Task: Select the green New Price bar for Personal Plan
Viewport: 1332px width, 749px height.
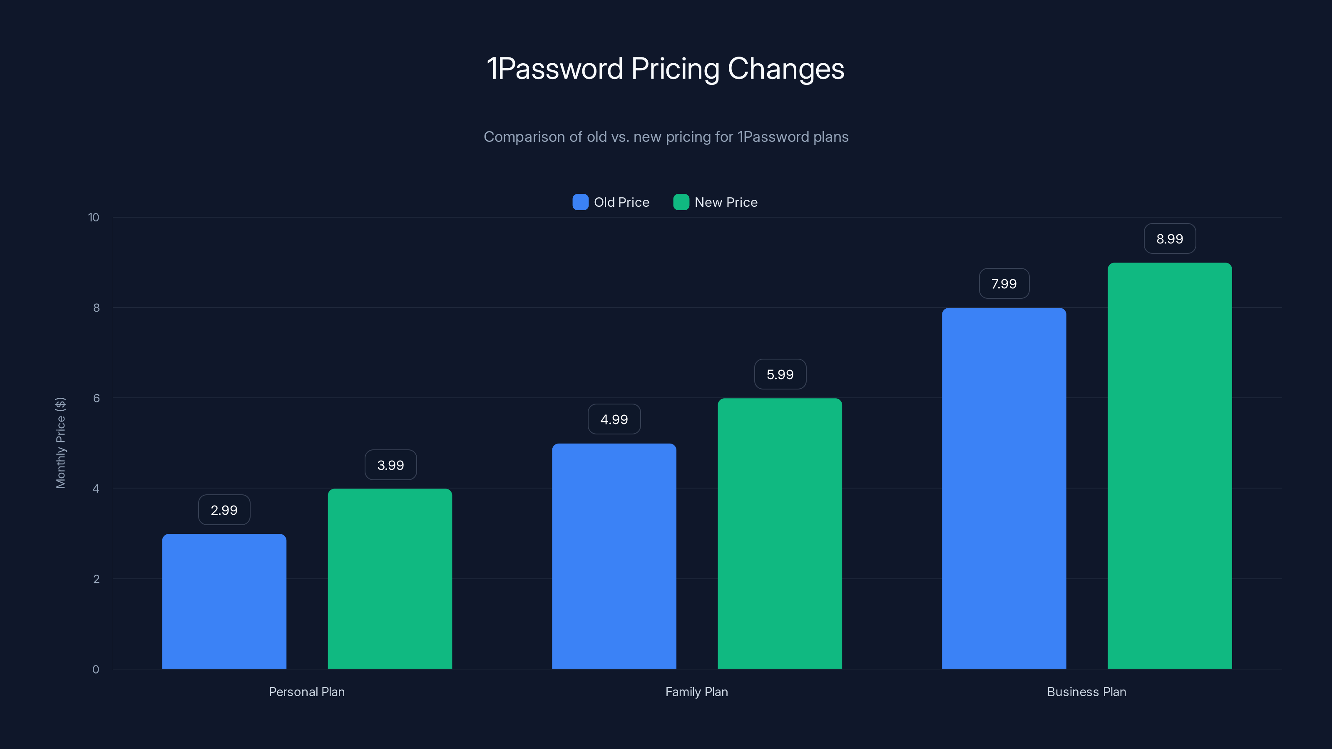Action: tap(390, 578)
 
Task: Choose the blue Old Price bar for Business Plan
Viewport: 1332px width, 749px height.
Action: tap(1004, 488)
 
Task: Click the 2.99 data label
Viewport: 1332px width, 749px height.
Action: tap(224, 510)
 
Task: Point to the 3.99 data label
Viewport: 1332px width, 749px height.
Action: tap(390, 465)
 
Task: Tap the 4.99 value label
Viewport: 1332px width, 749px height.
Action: tap(614, 419)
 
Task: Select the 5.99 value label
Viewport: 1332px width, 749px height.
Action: tap(780, 374)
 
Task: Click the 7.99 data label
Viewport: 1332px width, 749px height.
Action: tap(1004, 284)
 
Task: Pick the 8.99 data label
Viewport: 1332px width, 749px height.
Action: tap(1170, 239)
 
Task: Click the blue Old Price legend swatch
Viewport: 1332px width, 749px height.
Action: tap(580, 202)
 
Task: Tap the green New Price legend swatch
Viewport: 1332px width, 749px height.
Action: tap(681, 202)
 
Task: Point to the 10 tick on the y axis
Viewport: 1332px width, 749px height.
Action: tap(94, 218)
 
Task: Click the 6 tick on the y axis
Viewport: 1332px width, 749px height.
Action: tap(96, 398)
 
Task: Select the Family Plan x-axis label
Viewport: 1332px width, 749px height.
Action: tap(696, 692)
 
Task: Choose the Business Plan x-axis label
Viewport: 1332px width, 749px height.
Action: tap(1086, 692)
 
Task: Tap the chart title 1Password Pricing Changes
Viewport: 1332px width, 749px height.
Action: tap(666, 69)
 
